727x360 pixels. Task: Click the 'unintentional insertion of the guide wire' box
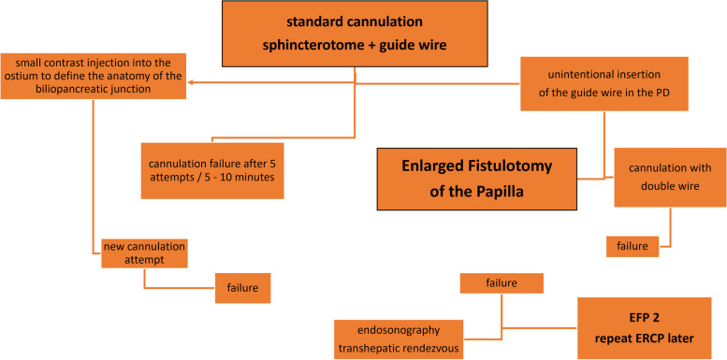point(606,82)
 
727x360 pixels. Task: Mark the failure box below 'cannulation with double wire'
point(632,246)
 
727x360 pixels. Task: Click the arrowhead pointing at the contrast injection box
point(191,82)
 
